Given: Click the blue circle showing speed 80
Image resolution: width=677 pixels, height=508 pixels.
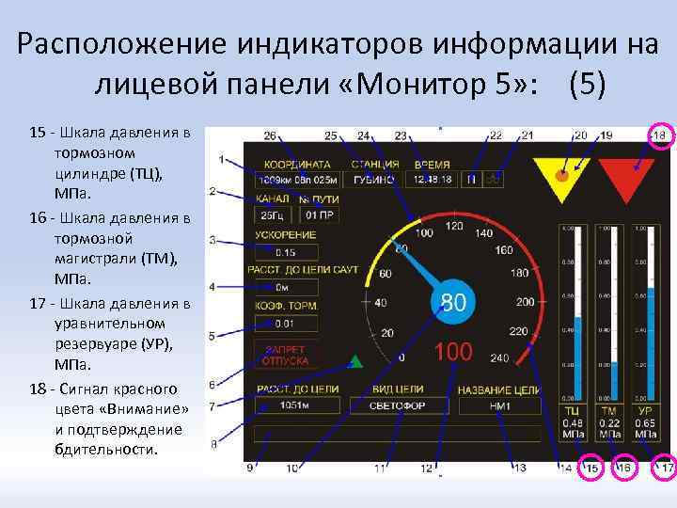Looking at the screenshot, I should (x=453, y=303).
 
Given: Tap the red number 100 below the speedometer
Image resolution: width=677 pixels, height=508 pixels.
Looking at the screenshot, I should (x=453, y=352).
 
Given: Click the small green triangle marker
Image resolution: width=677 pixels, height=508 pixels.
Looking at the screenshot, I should (x=355, y=360).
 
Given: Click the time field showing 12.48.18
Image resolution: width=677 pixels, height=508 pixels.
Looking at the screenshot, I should (x=431, y=179).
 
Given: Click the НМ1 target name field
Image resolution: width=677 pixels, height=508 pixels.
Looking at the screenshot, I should (x=499, y=406).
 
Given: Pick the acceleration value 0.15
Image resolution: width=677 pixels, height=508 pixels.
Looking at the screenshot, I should (x=286, y=252).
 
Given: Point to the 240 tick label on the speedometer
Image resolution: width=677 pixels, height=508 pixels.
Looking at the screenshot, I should (x=498, y=357).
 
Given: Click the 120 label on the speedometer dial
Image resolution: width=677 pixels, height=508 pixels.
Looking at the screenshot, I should (x=454, y=227).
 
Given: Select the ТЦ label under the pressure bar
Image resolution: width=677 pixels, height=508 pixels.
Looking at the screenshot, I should (x=571, y=411).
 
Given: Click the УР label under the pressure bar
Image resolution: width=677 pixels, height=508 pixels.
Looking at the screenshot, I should (x=645, y=411).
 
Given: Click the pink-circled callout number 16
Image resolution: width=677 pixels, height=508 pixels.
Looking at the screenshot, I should (x=625, y=468).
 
